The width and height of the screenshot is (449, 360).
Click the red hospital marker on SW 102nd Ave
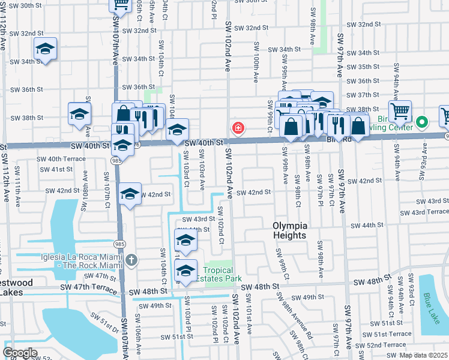pos(238,128)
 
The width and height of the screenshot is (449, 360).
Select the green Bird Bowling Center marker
pos(422,122)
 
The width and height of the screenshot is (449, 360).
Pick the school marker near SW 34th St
pos(45,49)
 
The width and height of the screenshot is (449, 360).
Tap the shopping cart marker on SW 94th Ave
pos(400,110)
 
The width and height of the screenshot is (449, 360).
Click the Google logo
pos(20,353)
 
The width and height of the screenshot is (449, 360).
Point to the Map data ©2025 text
pos(423,356)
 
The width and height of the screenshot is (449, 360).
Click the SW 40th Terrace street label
pos(62,159)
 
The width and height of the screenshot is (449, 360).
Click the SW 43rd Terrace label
pos(423,212)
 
